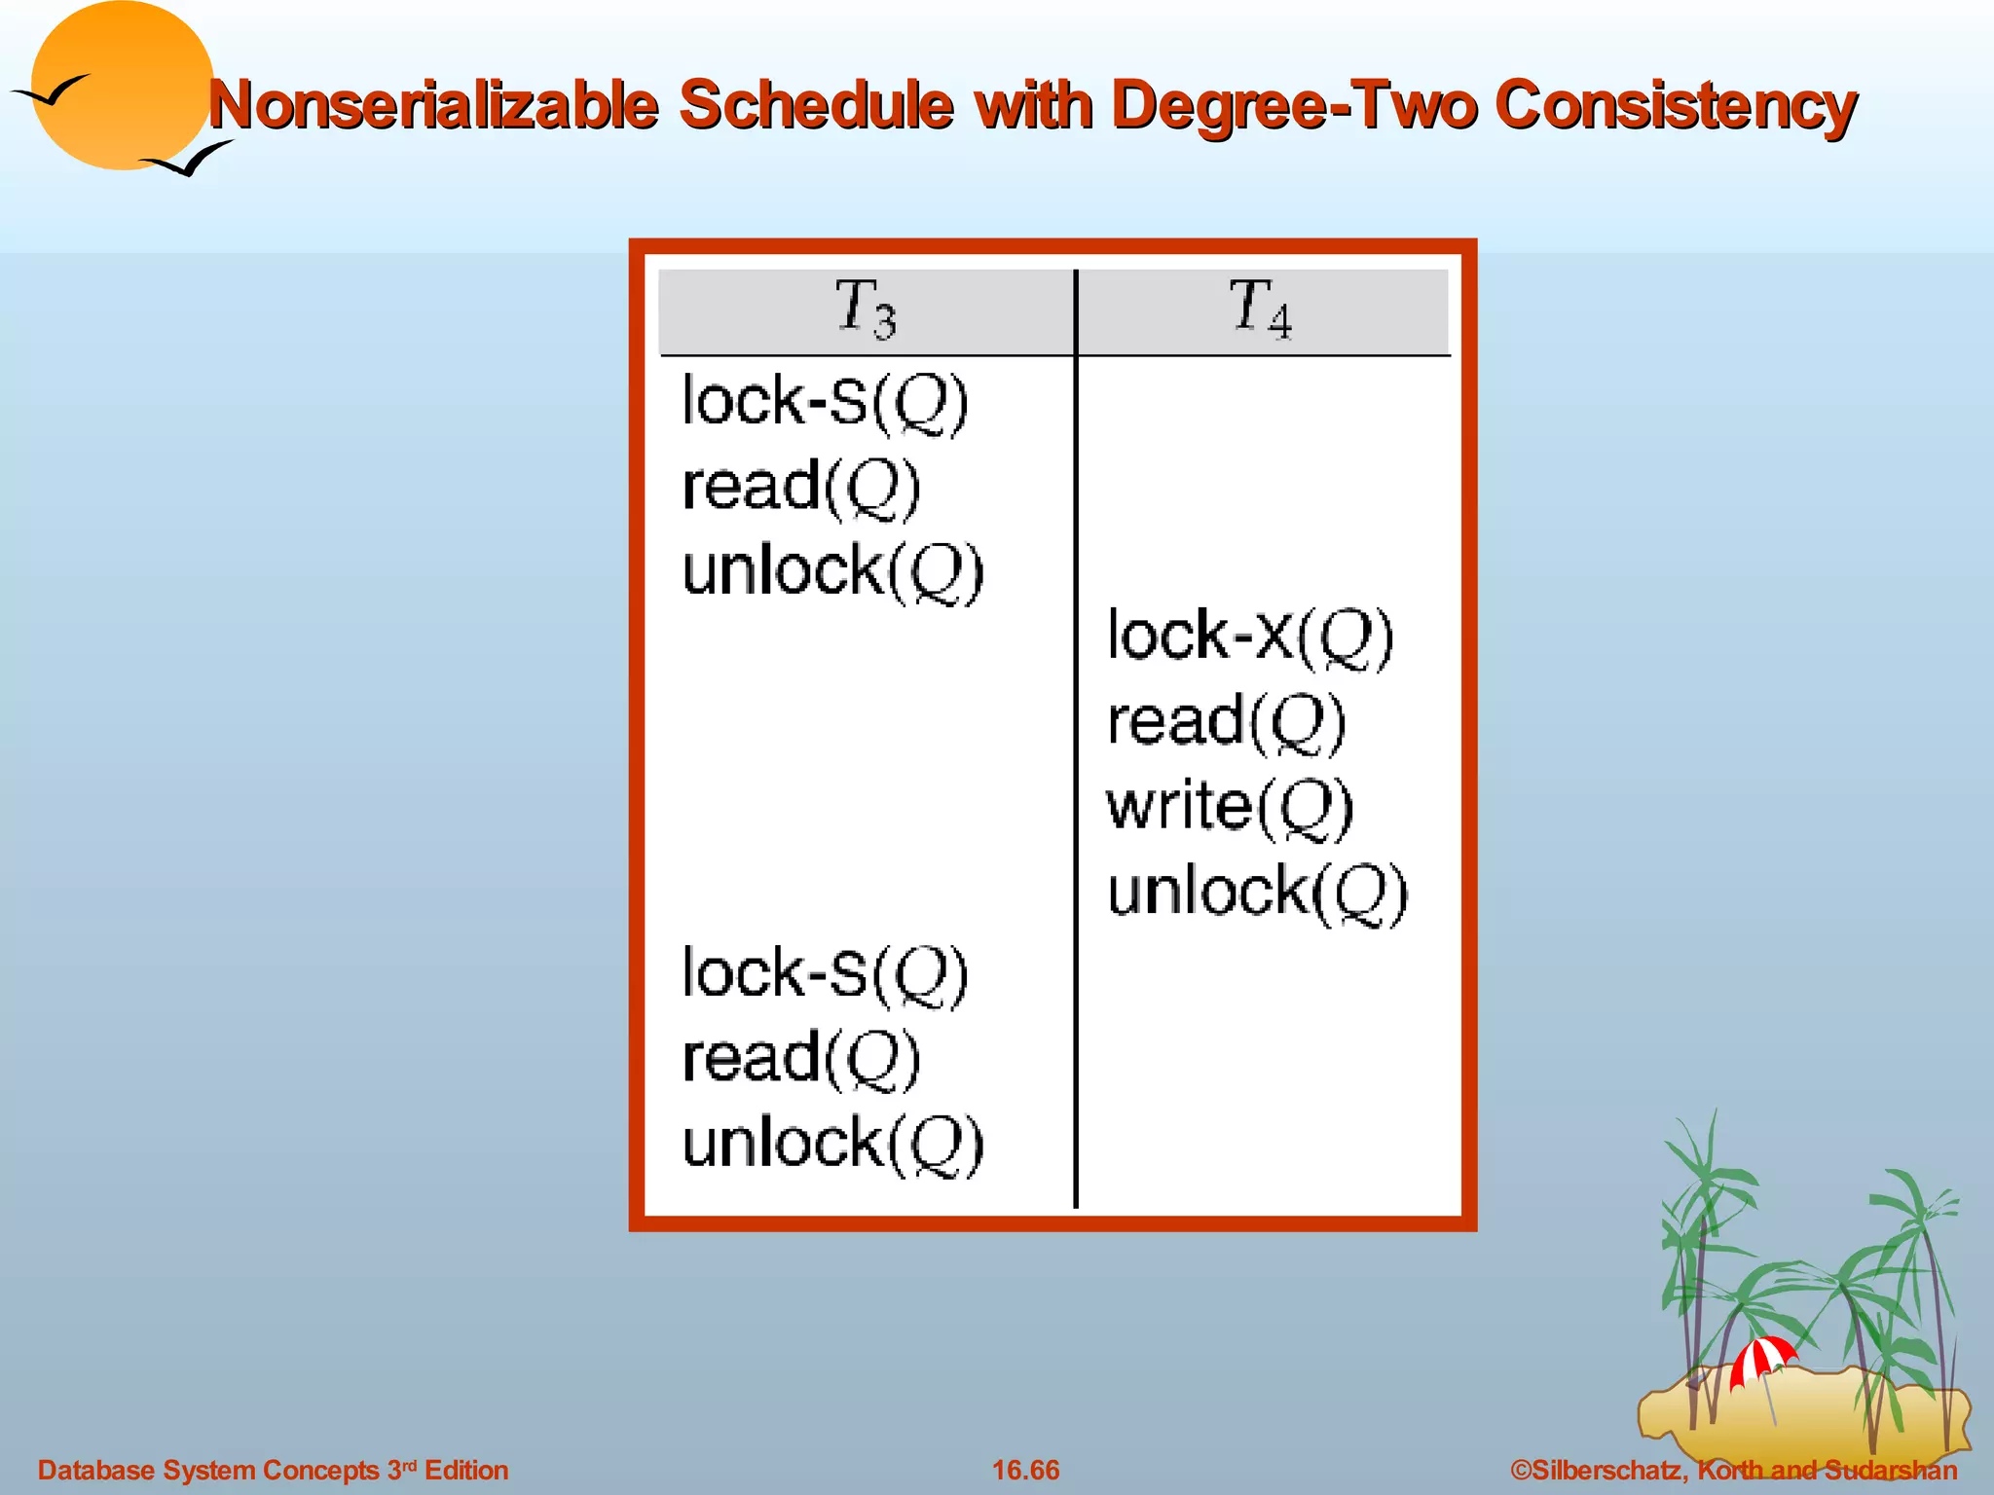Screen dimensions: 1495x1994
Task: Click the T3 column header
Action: pyautogui.click(x=866, y=309)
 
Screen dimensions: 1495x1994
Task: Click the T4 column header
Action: pyautogui.click(x=1260, y=309)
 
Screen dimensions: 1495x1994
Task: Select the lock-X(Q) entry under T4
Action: pyautogui.click(x=1250, y=638)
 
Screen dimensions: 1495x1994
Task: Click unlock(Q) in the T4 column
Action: pyautogui.click(x=1257, y=893)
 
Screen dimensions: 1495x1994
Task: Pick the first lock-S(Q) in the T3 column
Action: pyautogui.click(x=825, y=402)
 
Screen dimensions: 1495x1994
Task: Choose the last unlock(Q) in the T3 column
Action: pyautogui.click(x=832, y=1144)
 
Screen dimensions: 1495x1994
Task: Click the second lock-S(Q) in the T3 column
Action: pyautogui.click(x=825, y=974)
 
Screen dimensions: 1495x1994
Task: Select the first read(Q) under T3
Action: pyautogui.click(x=800, y=487)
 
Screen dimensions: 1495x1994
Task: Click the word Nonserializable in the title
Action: pyautogui.click(x=434, y=105)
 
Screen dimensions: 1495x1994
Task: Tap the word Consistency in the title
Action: pyautogui.click(x=1675, y=105)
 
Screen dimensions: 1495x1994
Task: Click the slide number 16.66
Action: pyautogui.click(x=1025, y=1470)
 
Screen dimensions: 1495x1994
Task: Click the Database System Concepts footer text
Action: pyautogui.click(x=273, y=1470)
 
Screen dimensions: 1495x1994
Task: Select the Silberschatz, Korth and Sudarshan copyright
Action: pyautogui.click(x=1733, y=1470)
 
